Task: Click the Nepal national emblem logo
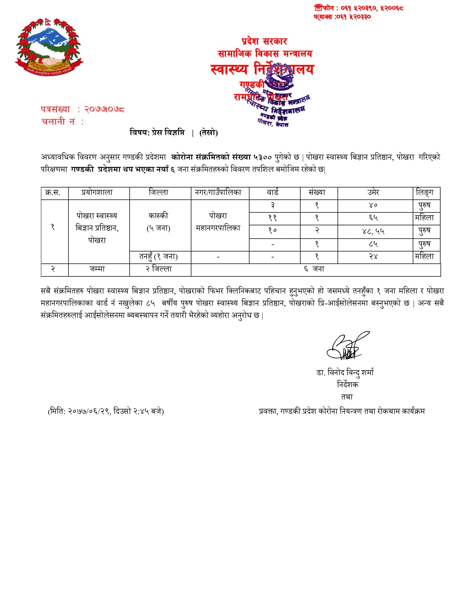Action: click(49, 46)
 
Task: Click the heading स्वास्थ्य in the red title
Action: click(229, 69)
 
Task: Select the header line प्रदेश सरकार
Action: click(264, 41)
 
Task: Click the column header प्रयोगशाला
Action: click(97, 193)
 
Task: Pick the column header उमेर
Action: click(373, 193)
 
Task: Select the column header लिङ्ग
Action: click(424, 193)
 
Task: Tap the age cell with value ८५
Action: click(373, 244)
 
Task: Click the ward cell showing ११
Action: click(273, 218)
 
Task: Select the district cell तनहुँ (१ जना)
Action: click(159, 257)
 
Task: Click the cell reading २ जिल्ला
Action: click(159, 269)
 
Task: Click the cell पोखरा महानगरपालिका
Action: click(218, 222)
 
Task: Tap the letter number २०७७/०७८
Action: click(104, 109)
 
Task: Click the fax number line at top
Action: click(342, 17)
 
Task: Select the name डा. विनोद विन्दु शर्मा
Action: click(345, 372)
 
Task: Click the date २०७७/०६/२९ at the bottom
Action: click(89, 411)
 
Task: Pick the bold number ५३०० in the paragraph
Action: click(262, 157)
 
